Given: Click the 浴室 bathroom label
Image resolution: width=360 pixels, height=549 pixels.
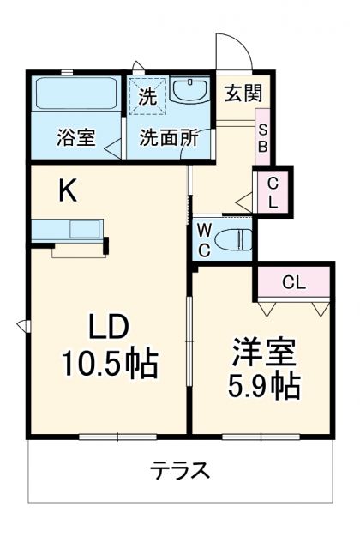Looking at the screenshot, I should [75, 138].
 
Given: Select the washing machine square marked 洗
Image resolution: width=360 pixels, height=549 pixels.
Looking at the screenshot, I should [147, 96].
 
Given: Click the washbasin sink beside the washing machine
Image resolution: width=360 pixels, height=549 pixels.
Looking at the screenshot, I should [189, 91].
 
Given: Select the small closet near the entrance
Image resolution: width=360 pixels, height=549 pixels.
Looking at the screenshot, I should [272, 193].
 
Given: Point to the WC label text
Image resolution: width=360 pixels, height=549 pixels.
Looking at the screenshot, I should [204, 238].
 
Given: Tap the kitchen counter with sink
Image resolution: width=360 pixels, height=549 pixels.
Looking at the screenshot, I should [68, 230].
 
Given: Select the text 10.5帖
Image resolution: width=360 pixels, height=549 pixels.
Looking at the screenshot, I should [109, 365].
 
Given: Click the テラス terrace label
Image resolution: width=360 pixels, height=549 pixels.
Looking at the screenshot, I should [180, 471].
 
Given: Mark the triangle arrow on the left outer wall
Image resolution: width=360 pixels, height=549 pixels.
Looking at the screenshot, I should [21, 325].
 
